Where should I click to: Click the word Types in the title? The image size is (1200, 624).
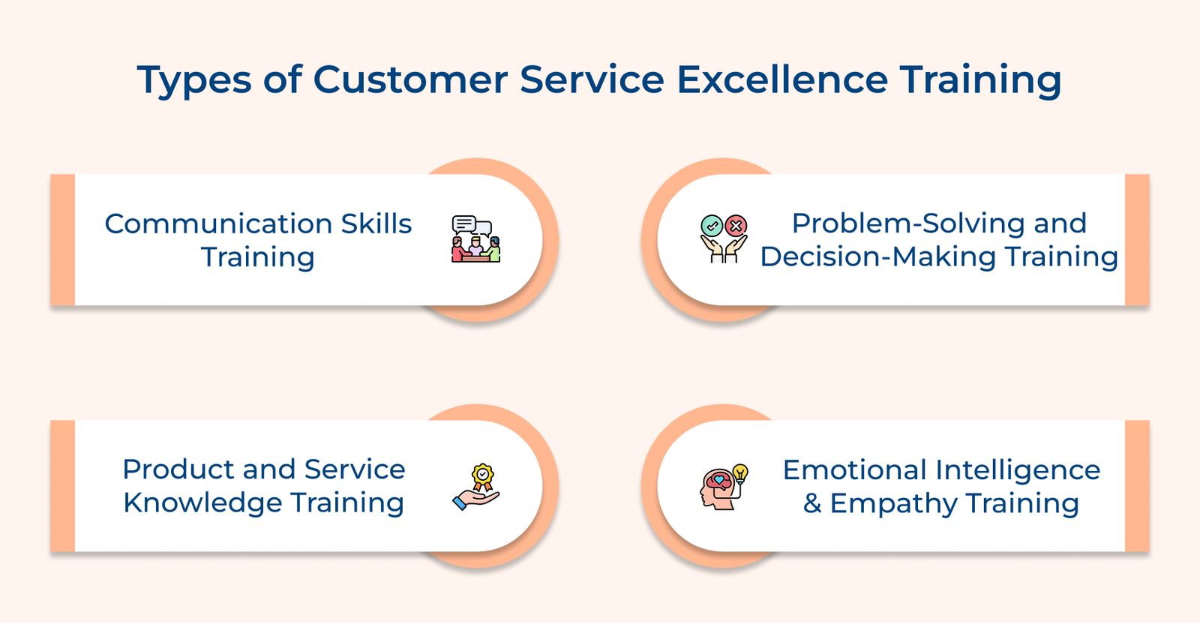tap(193, 80)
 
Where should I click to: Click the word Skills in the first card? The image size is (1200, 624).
tap(376, 223)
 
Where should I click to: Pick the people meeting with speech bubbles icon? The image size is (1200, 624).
tap(475, 239)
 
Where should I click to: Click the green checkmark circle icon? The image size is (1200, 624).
tap(711, 225)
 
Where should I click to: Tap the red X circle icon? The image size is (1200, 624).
tap(736, 225)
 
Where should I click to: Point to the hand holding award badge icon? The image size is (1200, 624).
tap(477, 487)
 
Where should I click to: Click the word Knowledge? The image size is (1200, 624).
tap(202, 502)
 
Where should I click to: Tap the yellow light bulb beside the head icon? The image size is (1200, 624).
tap(740, 472)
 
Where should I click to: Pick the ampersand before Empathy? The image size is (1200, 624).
tap(812, 503)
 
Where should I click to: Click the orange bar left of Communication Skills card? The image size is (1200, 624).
tap(63, 240)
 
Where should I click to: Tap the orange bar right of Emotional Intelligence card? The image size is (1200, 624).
tap(1137, 486)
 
